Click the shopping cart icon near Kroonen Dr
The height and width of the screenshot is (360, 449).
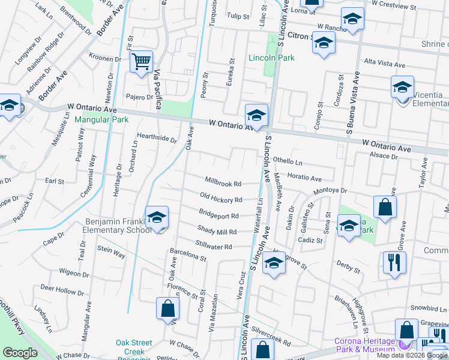pyautogui.click(x=141, y=61)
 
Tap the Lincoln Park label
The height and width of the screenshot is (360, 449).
pyautogui.click(x=271, y=58)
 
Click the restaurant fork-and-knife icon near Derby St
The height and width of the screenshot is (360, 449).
pyautogui.click(x=394, y=262)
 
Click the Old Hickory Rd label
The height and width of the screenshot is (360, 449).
pyautogui.click(x=221, y=199)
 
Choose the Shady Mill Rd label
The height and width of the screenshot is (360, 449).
pyautogui.click(x=217, y=231)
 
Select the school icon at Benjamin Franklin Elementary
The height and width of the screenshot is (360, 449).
pyautogui.click(x=157, y=217)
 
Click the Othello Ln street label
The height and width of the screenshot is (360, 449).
pyautogui.click(x=288, y=161)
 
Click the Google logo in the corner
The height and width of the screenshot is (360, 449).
pyautogui.click(x=20, y=353)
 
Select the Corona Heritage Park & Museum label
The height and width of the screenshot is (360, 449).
pyautogui.click(x=365, y=345)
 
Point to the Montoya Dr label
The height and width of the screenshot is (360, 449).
pyautogui.click(x=331, y=190)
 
